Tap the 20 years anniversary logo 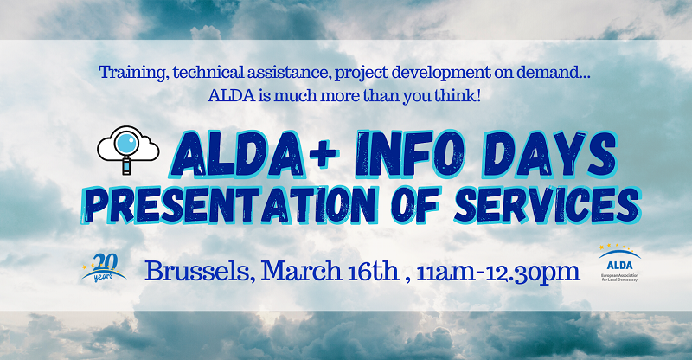(x=104, y=267)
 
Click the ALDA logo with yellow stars (x=619, y=263)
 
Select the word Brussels (x=197, y=271)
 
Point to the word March (x=301, y=271)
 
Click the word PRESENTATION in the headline (x=229, y=205)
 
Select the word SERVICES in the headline (x=548, y=204)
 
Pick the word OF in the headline (x=415, y=205)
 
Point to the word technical (x=208, y=73)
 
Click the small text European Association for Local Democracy (x=619, y=277)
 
